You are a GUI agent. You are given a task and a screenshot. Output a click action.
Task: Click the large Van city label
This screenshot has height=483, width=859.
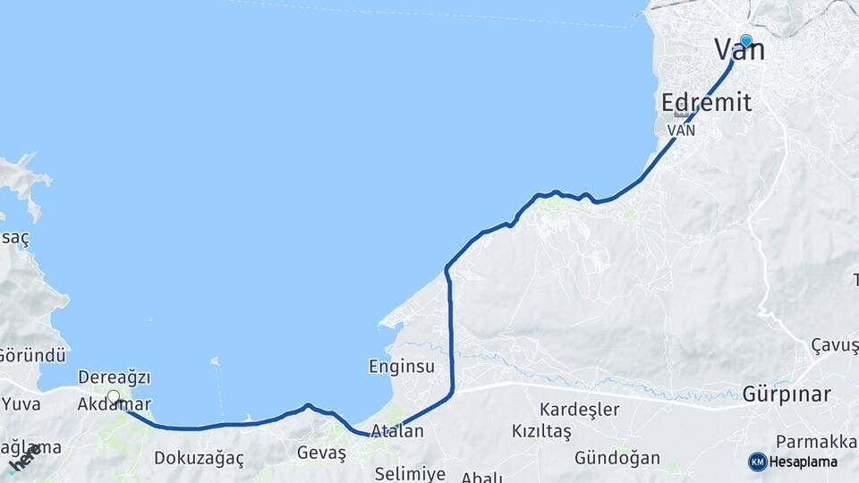click(739, 50)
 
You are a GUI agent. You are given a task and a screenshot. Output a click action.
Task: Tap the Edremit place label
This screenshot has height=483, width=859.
click(706, 102)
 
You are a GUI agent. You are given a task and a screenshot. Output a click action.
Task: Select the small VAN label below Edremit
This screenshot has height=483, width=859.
click(682, 130)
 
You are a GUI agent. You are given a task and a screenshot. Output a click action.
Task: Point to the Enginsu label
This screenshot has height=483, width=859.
click(402, 367)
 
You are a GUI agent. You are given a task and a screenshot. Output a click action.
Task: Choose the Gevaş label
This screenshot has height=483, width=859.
click(321, 453)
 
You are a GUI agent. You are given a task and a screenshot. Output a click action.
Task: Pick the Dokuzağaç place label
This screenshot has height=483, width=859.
click(199, 458)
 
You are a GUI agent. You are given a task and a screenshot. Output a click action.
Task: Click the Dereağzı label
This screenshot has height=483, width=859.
click(115, 377)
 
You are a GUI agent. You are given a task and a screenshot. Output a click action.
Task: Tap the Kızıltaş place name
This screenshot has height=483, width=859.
click(541, 431)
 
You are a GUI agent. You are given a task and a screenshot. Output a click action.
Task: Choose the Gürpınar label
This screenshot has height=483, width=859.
click(787, 394)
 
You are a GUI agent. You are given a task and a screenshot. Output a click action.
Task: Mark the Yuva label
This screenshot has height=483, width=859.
click(21, 403)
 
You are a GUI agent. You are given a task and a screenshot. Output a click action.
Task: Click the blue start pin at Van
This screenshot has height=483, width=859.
click(745, 40)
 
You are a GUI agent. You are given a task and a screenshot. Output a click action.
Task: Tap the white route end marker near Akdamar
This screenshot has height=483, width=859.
click(114, 396)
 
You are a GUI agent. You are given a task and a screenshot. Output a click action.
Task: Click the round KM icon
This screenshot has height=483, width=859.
click(758, 462)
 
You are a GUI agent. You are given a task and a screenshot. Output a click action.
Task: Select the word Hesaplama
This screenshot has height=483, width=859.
click(804, 462)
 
